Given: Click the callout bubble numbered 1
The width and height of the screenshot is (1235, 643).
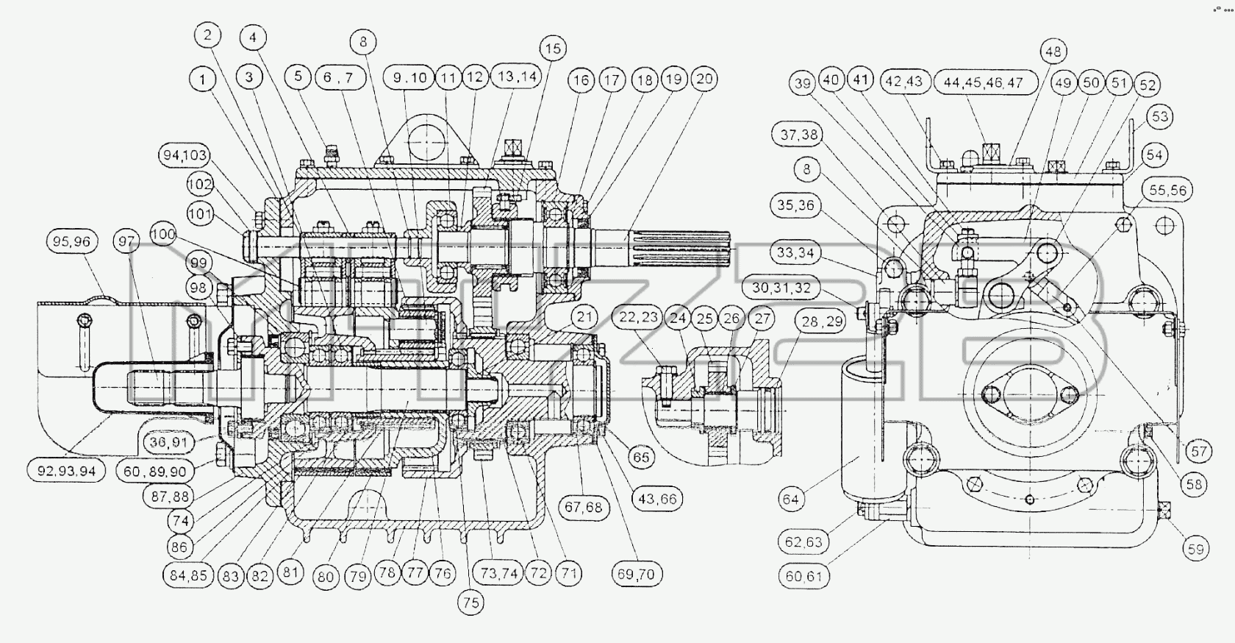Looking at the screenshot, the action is pos(203,79).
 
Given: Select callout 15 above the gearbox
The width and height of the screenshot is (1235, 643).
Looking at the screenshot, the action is pos(553,49).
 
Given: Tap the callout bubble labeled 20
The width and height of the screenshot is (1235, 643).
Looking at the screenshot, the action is pos(704,79).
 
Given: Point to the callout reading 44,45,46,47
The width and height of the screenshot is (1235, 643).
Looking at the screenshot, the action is pos(987,83).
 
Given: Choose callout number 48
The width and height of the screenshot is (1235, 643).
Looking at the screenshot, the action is pos(1053,51).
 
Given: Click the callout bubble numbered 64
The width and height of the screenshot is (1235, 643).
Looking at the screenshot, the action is pos(791,499).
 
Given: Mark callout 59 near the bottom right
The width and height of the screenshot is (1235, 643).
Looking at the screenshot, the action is pos(1196,549).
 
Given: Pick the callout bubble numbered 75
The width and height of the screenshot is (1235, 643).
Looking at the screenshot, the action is pos(470,602).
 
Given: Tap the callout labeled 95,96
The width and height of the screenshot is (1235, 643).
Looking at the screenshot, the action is pos(72,241).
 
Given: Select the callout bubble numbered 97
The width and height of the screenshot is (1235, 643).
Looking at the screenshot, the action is pos(126,241).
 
